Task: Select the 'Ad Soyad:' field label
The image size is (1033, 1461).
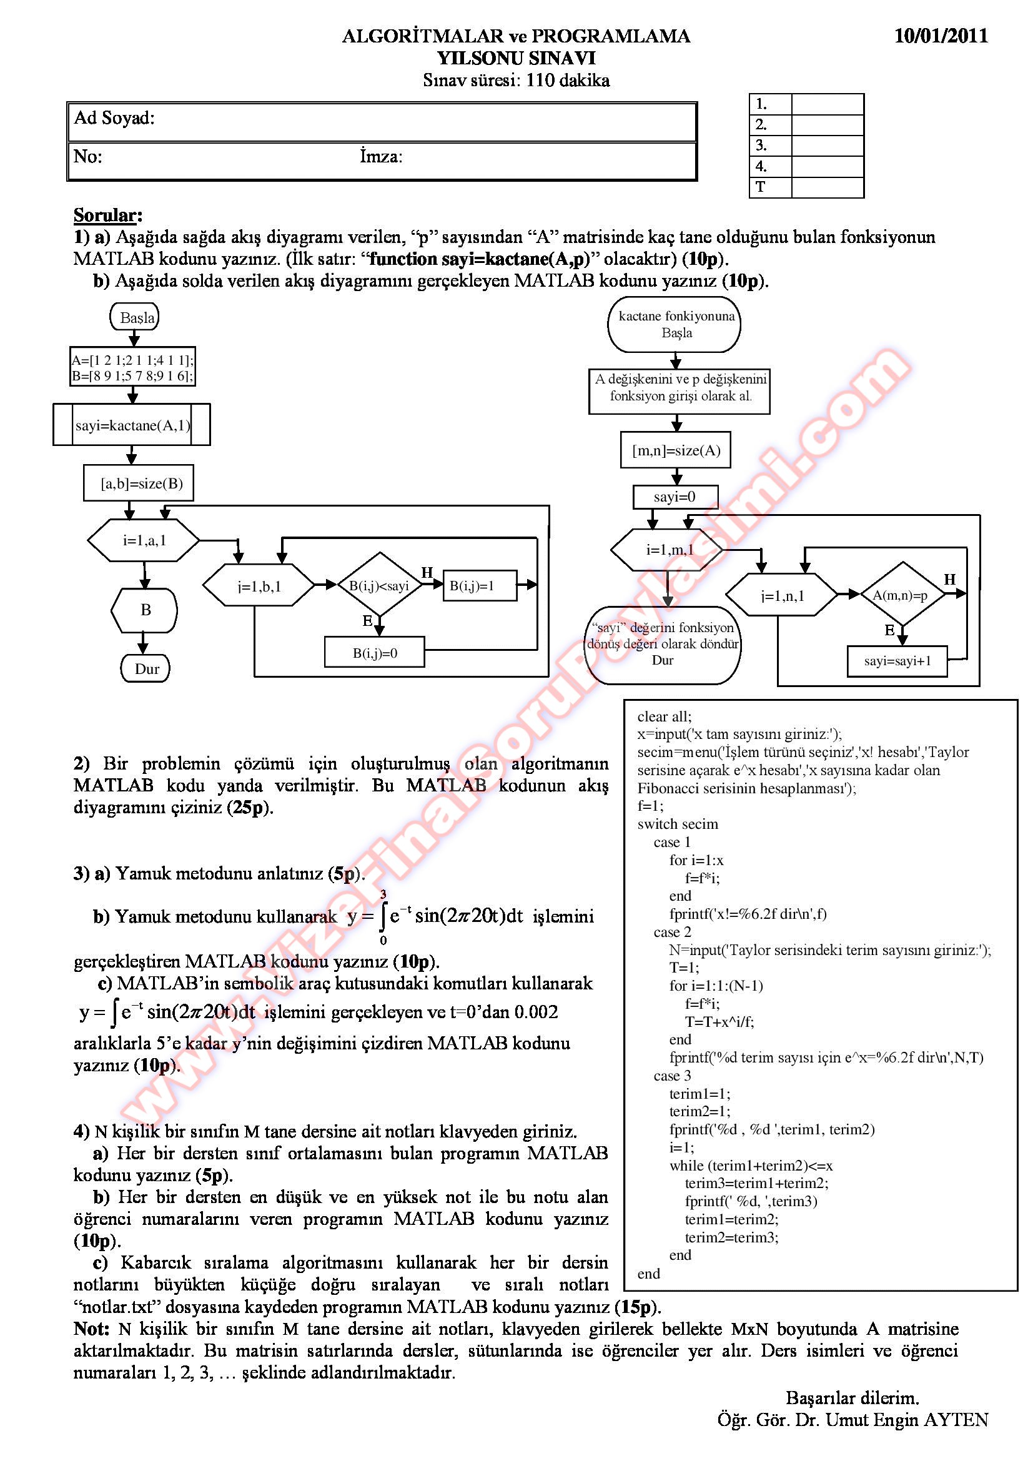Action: coord(114,117)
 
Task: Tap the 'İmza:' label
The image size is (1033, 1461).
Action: coord(381,156)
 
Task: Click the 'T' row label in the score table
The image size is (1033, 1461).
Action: coord(760,187)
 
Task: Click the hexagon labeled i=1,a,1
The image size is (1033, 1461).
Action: coord(144,540)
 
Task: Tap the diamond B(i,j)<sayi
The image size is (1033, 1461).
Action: coord(379,585)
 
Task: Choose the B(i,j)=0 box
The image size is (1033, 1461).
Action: coord(375,653)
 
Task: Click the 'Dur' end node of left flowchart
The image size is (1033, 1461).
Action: coord(146,668)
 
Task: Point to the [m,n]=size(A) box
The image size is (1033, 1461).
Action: coord(676,450)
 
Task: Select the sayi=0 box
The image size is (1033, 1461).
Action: coord(675,497)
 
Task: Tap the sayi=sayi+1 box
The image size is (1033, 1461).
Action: coord(897,660)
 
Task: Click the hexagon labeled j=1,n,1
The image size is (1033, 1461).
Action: coord(783,596)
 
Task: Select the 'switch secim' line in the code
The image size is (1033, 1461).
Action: coord(678,824)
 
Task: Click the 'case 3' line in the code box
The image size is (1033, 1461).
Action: coord(672,1076)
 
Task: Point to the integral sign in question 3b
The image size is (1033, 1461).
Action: coord(383,916)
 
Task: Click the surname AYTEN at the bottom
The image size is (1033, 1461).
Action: coord(956,1420)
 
